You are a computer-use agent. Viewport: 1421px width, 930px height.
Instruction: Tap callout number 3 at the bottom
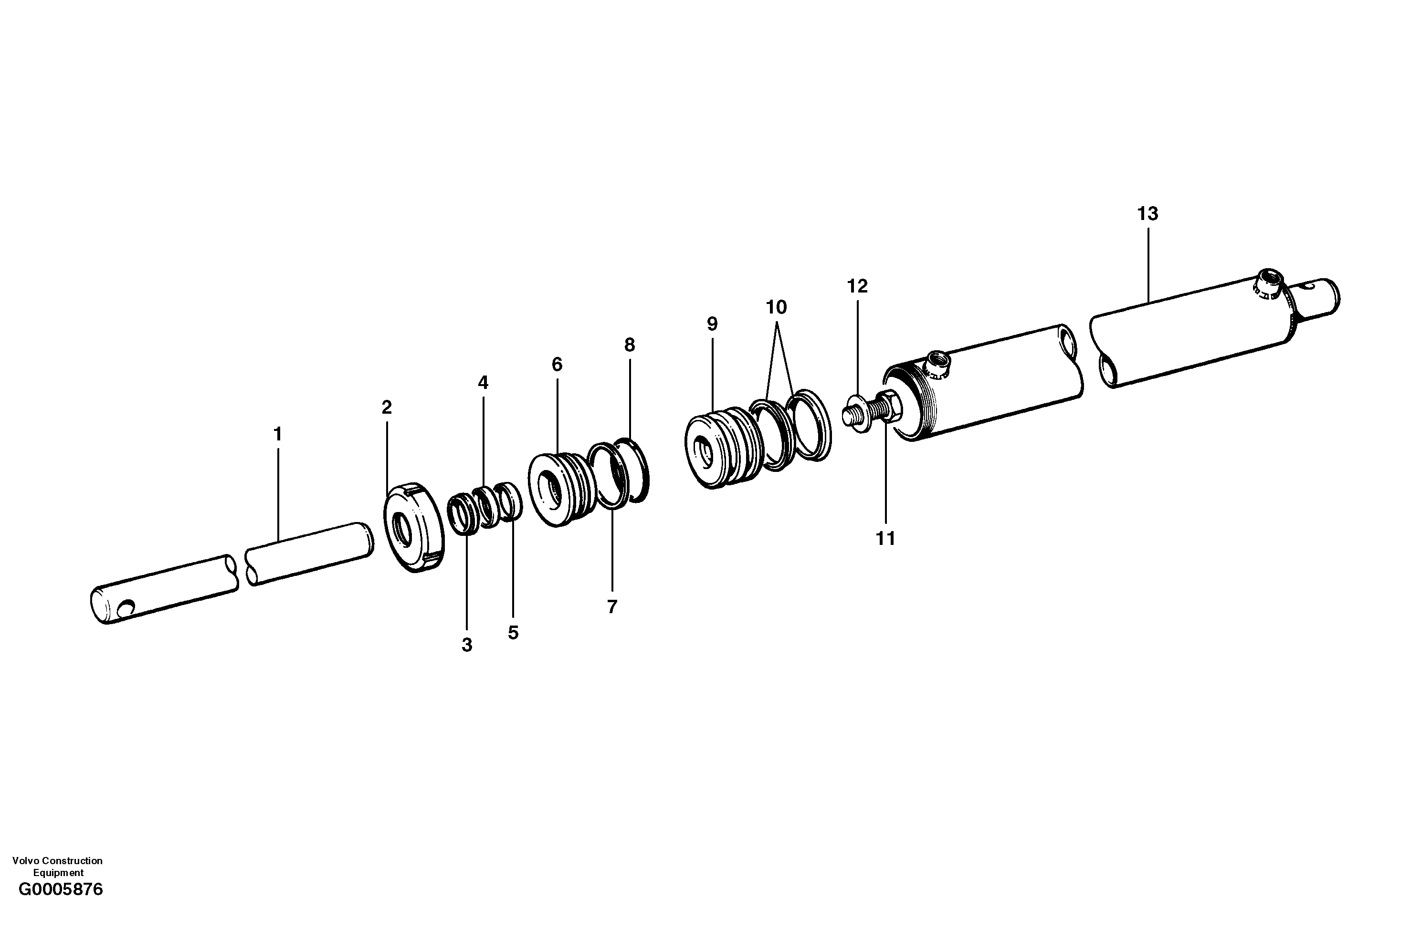click(x=467, y=645)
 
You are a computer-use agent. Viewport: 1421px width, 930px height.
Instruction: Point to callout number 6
click(x=557, y=364)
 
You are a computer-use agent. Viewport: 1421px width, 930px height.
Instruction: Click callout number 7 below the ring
click(x=611, y=606)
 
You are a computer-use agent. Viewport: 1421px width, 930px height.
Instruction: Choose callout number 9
click(x=712, y=324)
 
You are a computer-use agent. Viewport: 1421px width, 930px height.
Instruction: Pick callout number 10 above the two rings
click(x=776, y=307)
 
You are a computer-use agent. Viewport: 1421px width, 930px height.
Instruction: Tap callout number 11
click(x=885, y=538)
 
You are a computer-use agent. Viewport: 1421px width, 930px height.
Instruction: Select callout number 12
click(x=857, y=286)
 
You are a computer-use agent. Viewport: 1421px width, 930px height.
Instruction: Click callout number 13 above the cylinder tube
click(x=1147, y=214)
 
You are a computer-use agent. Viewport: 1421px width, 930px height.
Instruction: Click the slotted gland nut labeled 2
click(x=413, y=528)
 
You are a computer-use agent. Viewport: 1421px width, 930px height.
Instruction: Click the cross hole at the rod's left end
click(x=126, y=609)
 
